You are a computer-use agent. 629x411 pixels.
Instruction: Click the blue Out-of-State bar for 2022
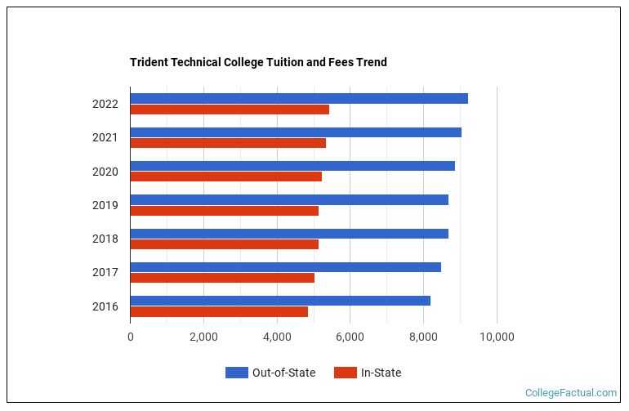tap(298, 98)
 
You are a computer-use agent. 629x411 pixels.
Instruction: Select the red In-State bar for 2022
tap(230, 109)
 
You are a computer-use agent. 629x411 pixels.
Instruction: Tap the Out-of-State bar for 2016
tap(279, 301)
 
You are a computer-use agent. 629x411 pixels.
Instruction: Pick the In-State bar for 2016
tap(219, 311)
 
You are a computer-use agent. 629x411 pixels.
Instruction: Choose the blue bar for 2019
tap(288, 199)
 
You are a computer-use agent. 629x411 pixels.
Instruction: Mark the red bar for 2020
tap(225, 176)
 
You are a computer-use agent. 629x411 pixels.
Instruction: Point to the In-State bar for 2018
tap(224, 243)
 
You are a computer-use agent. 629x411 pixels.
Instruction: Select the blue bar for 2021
tap(295, 132)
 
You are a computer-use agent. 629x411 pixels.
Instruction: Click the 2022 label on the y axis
tap(105, 104)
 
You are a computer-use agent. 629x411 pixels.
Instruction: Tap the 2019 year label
tap(105, 205)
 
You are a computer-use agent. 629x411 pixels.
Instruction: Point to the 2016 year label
tap(105, 306)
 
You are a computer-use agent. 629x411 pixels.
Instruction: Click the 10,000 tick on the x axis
tap(497, 337)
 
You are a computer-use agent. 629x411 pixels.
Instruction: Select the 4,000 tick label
tap(277, 337)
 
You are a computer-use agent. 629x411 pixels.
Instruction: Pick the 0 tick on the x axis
tap(130, 337)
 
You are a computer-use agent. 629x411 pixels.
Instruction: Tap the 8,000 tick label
tap(423, 337)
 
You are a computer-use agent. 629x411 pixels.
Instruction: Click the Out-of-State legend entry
tap(270, 373)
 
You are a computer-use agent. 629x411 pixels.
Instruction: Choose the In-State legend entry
tap(368, 373)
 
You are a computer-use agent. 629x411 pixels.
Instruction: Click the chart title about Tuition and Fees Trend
tap(258, 62)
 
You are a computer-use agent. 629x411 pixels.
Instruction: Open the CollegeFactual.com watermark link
tap(571, 393)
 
